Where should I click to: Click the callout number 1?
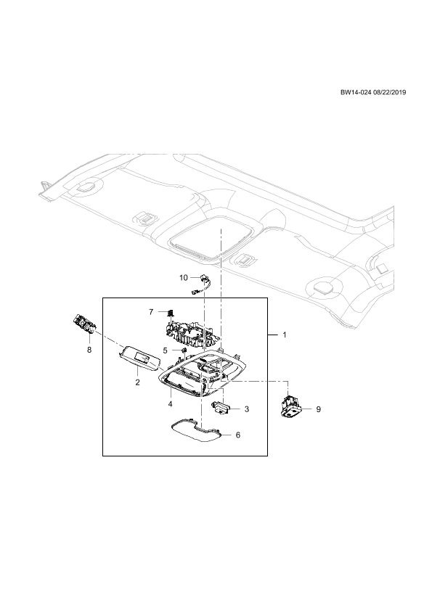coord(285,335)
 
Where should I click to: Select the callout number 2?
coord(137,382)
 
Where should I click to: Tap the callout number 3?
coord(246,409)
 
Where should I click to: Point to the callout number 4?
coord(171,404)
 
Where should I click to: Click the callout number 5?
coord(165,350)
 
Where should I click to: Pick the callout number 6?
coord(238,435)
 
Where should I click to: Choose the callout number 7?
coord(151,312)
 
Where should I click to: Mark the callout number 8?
coord(89,350)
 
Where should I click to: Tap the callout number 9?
coord(318,409)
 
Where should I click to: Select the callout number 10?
coord(184,277)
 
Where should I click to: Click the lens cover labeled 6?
coord(197,430)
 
